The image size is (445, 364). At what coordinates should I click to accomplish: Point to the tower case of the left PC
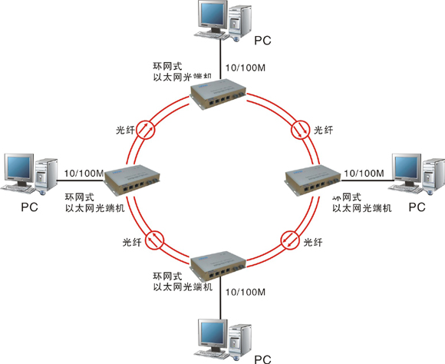(48, 174)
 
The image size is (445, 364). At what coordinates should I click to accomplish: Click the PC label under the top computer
(262, 39)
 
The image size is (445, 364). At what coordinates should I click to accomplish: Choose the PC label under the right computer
(416, 207)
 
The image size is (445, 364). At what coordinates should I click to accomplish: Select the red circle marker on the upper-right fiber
(301, 130)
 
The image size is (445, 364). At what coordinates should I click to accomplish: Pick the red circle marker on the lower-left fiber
(155, 240)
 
